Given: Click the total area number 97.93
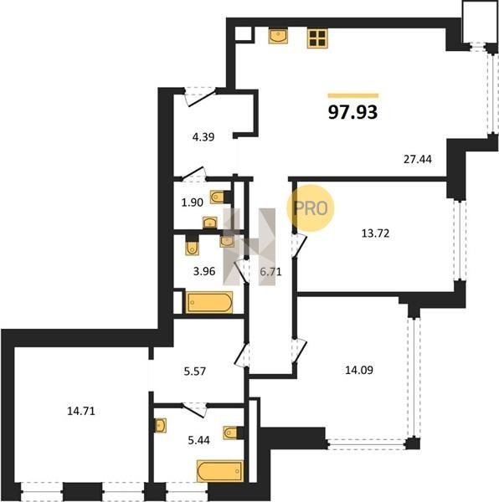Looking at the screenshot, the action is (353, 112).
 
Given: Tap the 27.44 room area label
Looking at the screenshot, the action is (417, 159).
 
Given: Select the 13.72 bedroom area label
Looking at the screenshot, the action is (375, 233).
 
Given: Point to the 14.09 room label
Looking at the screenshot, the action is (359, 370).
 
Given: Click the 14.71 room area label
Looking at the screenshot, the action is (81, 411).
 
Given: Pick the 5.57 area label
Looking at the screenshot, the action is (195, 371).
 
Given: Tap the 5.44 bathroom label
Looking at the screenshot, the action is (199, 440).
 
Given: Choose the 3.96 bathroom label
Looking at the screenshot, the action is (204, 271).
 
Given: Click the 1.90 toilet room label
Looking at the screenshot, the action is (193, 202).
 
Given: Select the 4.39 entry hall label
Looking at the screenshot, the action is (203, 137).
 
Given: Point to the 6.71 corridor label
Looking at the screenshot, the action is (270, 272).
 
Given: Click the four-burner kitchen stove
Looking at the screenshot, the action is (317, 38).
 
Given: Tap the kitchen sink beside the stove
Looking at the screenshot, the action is (278, 36).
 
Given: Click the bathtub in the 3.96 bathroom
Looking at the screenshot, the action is (209, 302).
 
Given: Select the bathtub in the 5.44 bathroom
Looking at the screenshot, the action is (220, 470).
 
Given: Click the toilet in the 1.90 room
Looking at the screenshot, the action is (219, 197).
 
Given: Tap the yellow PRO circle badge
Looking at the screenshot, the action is (311, 208).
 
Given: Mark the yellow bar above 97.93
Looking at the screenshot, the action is (353, 95).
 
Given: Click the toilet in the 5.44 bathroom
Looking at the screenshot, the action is (233, 433).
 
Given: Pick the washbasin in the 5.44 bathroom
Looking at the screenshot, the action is (160, 426).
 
